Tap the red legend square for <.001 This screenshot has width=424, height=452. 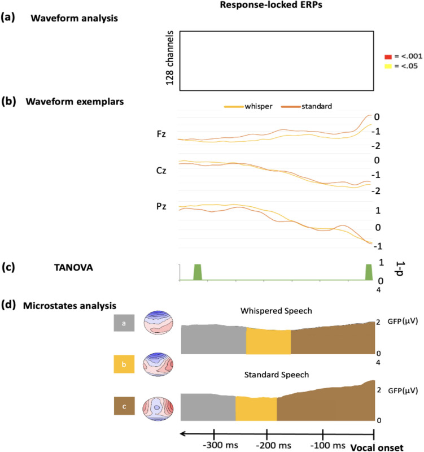[387, 56]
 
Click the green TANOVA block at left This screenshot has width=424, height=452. [198, 272]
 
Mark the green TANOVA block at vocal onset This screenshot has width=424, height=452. [369, 272]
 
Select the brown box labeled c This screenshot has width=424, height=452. [123, 406]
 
